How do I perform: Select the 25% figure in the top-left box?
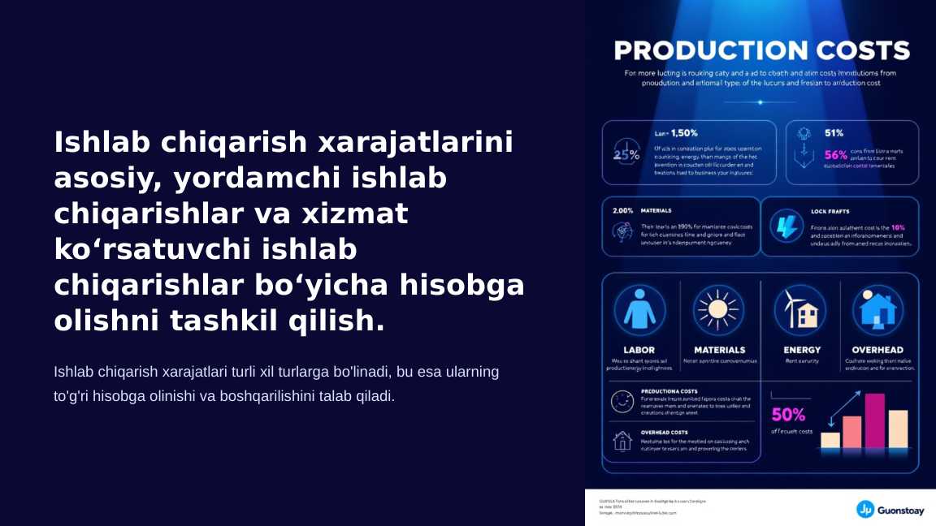coord(626,155)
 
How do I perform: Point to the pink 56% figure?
coord(835,154)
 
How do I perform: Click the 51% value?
coord(834,133)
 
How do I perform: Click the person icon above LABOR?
coord(639,311)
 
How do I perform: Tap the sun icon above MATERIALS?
coord(718,311)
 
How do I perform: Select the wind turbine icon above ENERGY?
coord(799,311)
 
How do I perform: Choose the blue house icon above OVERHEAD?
coord(877,311)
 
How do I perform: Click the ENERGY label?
coord(802,350)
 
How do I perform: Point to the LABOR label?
coord(639,350)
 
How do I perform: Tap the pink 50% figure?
coord(788,415)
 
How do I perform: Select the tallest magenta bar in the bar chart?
coord(874,420)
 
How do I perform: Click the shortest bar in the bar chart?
coord(830,440)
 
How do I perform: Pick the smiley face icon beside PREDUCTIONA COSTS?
coord(622,401)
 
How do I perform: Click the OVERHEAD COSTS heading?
coord(664,433)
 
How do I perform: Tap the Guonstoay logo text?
coord(900,510)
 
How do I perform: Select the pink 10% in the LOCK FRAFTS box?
coord(898,227)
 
